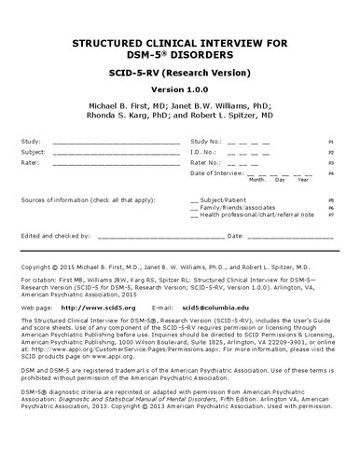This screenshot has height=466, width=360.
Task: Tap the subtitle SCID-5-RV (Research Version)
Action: pyautogui.click(x=180, y=72)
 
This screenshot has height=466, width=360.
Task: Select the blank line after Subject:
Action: pyautogui.click(x=117, y=151)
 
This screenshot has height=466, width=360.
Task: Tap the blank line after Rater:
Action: pyautogui.click(x=117, y=161)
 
